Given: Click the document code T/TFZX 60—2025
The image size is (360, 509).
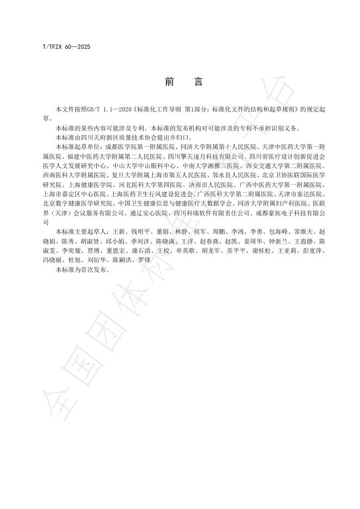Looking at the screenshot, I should point(66,47).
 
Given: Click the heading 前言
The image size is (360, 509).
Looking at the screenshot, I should point(183,83).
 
